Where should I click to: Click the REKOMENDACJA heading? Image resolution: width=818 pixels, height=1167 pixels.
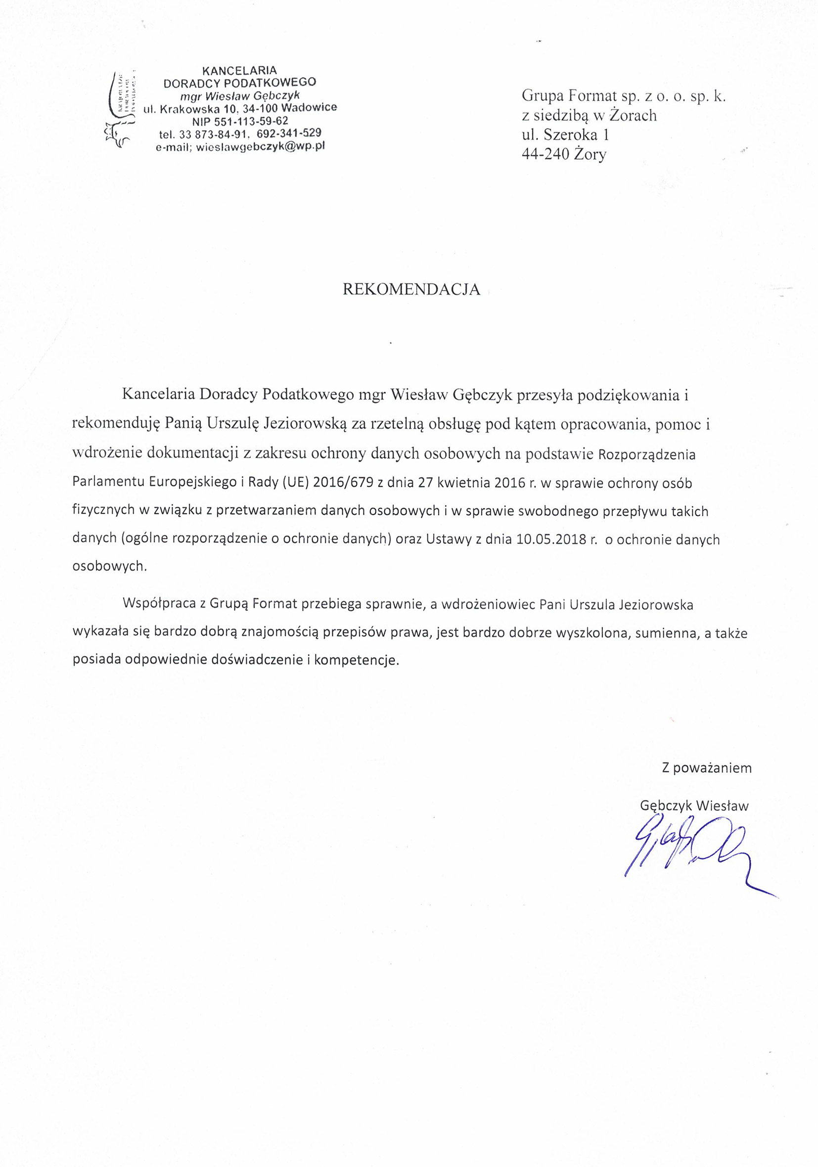[x=411, y=289]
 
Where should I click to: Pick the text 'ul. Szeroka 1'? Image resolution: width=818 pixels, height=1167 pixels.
[x=565, y=135]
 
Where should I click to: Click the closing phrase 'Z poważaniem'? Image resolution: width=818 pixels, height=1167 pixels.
[x=706, y=768]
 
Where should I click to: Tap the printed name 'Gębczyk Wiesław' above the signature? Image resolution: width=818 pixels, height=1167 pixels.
[x=694, y=806]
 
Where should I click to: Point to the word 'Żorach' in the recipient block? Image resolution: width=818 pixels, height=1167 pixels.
[x=633, y=115]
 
